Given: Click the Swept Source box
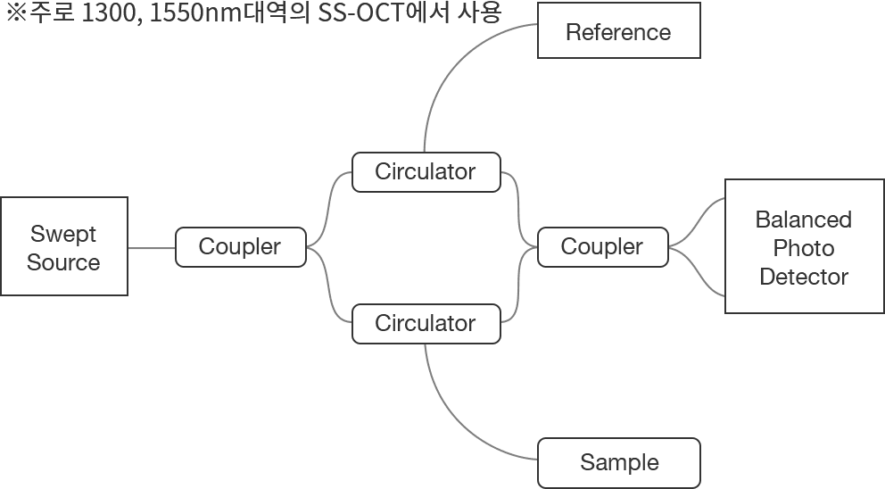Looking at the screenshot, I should click(63, 246).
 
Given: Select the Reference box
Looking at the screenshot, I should click(618, 33).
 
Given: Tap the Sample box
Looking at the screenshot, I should click(618, 462).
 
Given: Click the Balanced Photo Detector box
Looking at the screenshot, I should click(804, 246).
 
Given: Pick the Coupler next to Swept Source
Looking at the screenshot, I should click(240, 246).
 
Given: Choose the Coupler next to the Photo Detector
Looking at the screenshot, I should click(602, 246).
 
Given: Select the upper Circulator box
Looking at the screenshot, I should click(426, 171).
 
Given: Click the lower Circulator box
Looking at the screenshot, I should click(426, 323).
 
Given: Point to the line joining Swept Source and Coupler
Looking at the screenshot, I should click(152, 247).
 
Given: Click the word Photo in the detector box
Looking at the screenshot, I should click(804, 248).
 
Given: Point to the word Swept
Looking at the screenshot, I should click(63, 234).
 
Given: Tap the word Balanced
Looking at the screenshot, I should click(804, 220).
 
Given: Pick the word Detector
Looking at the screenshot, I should click(804, 277).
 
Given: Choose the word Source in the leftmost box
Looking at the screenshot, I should click(63, 262).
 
